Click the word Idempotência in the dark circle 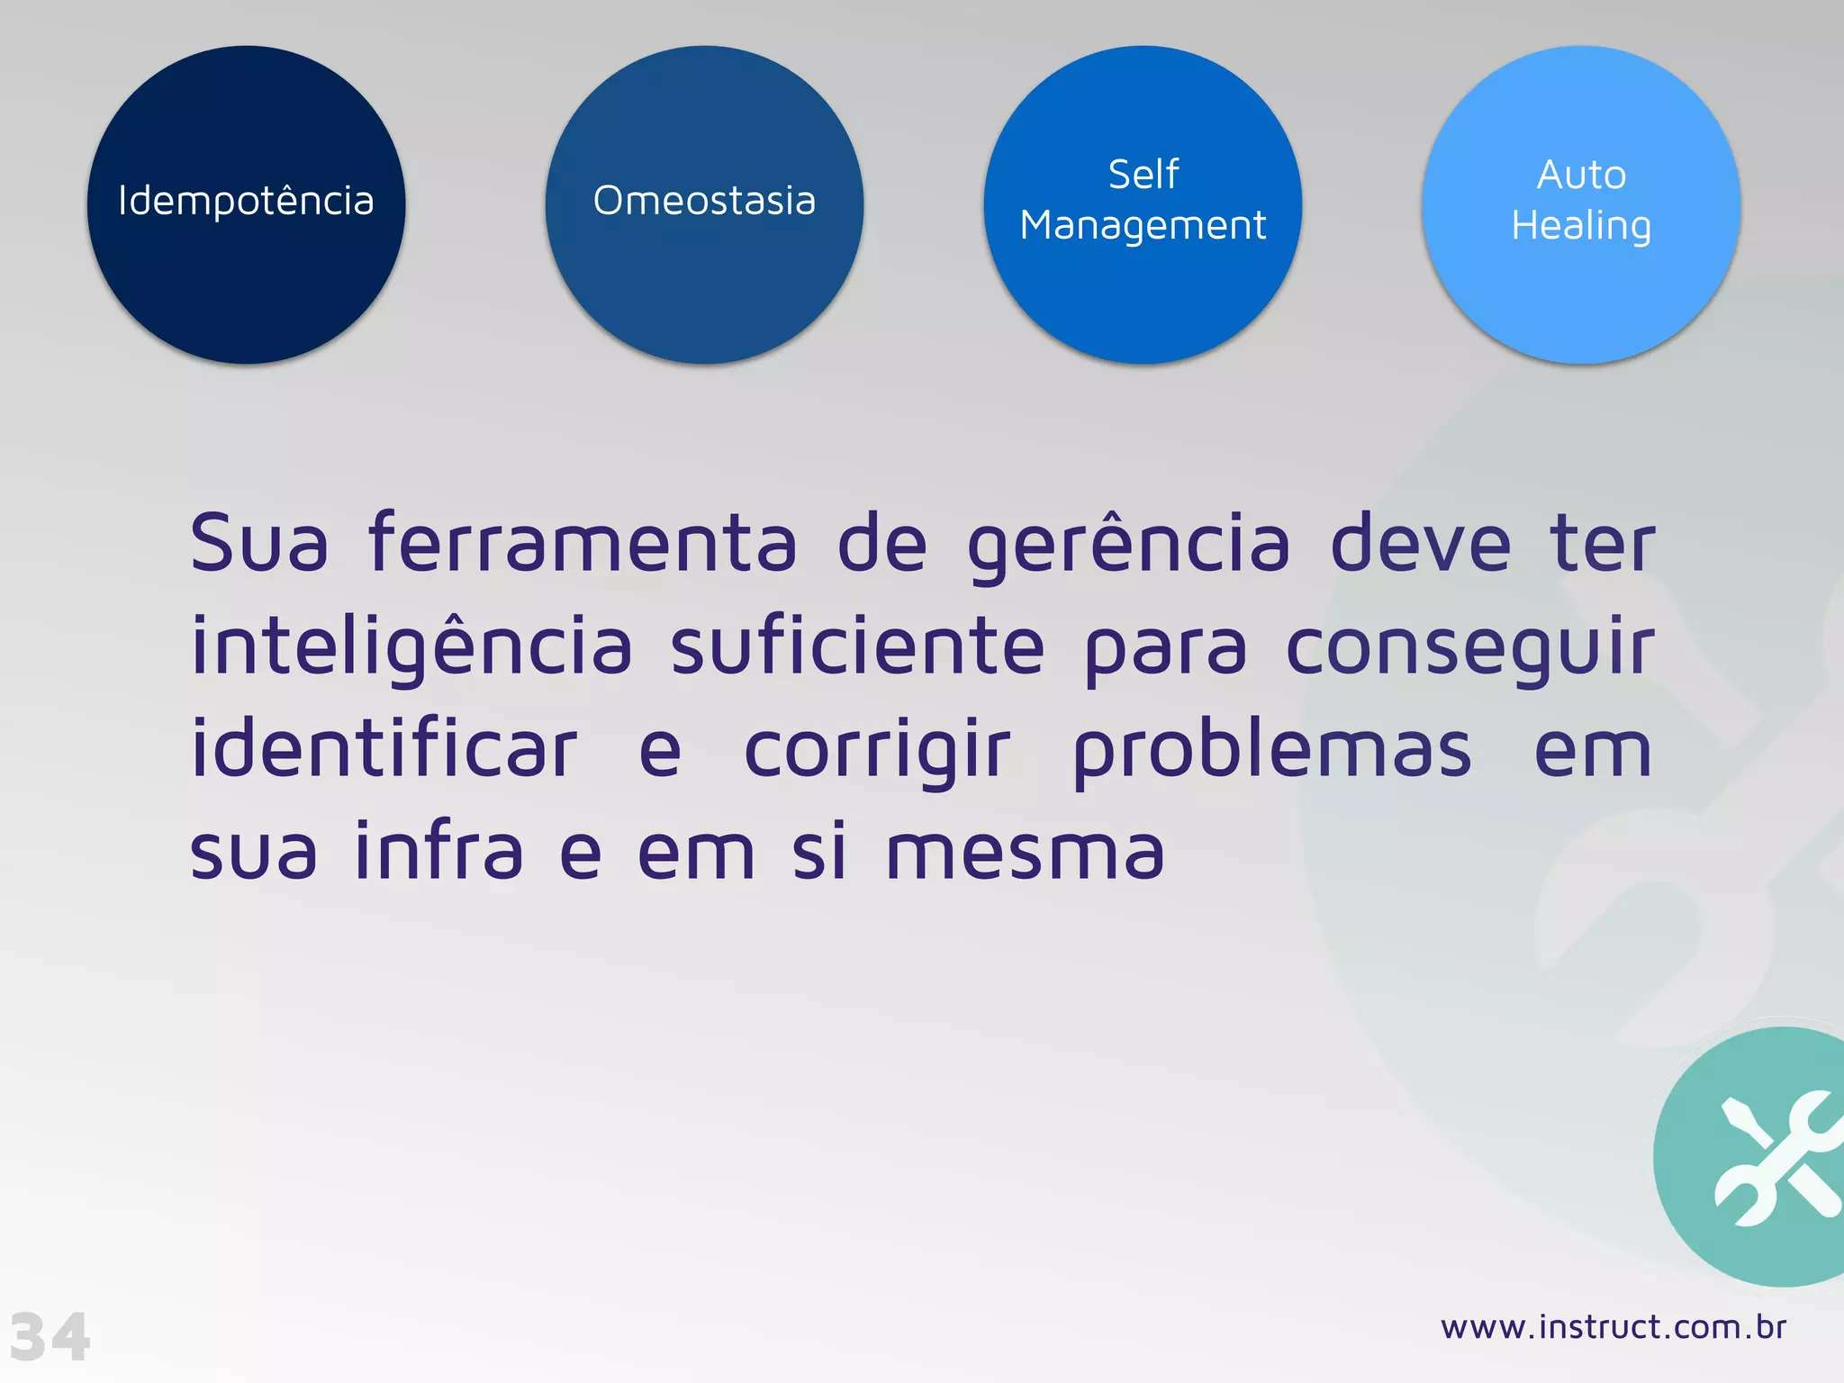pyautogui.click(x=246, y=201)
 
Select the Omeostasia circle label pyautogui.click(x=704, y=201)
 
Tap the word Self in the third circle pyautogui.click(x=1143, y=175)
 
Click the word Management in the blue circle pyautogui.click(x=1143, y=226)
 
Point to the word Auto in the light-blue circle pyautogui.click(x=1581, y=175)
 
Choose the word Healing pyautogui.click(x=1581, y=226)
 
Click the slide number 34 pyautogui.click(x=50, y=1337)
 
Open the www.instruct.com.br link pyautogui.click(x=1613, y=1327)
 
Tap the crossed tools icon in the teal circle pyautogui.click(x=1776, y=1159)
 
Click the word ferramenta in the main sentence pyautogui.click(x=583, y=543)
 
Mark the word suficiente pyautogui.click(x=857, y=646)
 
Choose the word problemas pyautogui.click(x=1272, y=751)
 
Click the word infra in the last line pyautogui.click(x=438, y=851)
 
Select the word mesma pyautogui.click(x=1026, y=853)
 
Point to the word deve pyautogui.click(x=1420, y=543)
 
